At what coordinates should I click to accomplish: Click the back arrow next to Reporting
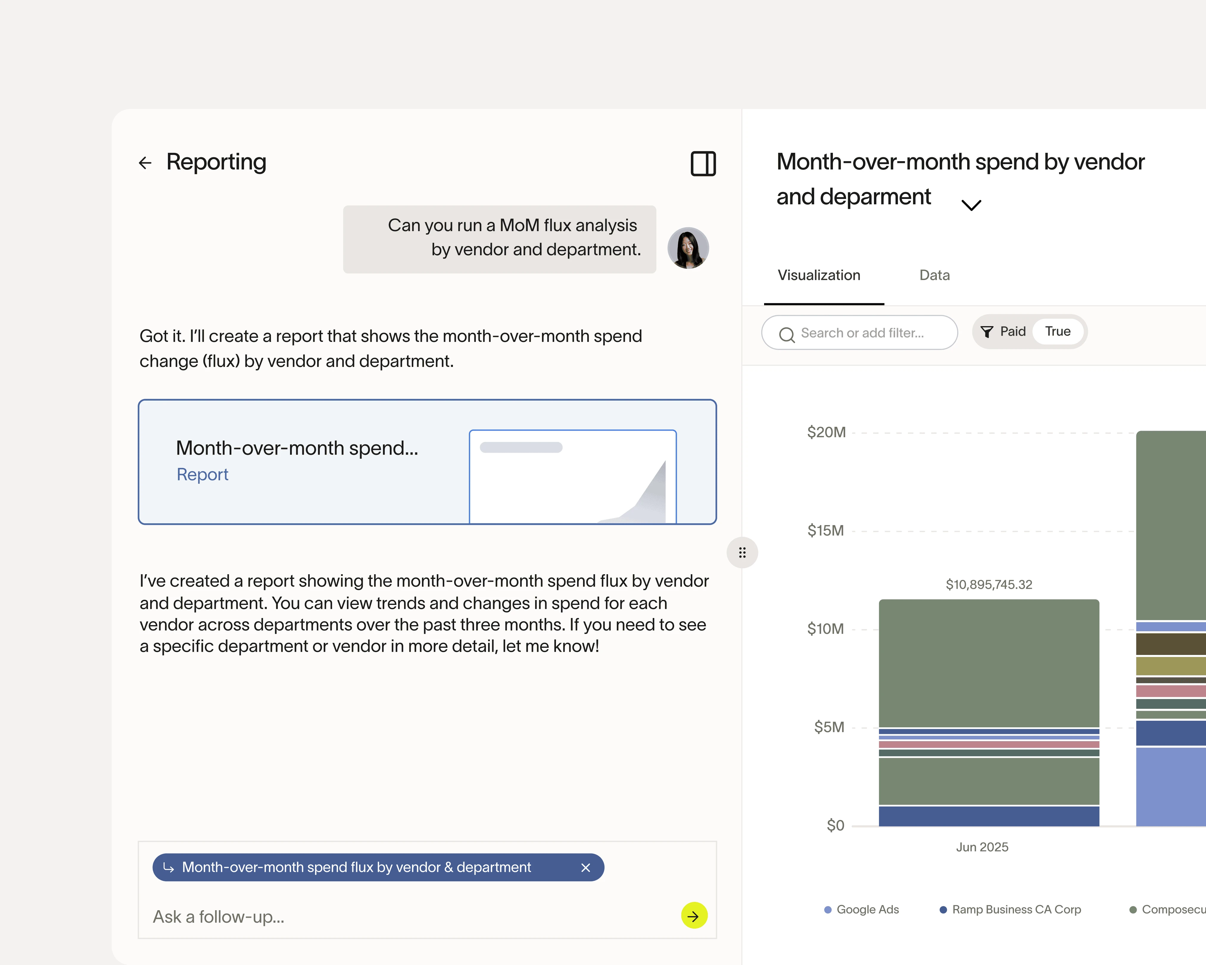(x=145, y=163)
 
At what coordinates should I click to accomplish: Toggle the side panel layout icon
(x=703, y=163)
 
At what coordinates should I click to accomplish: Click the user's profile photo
(x=688, y=248)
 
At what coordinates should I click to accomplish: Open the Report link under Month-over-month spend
(x=202, y=474)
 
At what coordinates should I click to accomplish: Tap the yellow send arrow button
(x=694, y=916)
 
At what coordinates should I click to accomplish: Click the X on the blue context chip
(x=586, y=868)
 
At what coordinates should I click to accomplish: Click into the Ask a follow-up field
(x=392, y=916)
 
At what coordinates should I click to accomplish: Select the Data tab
(x=934, y=275)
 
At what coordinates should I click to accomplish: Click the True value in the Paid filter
(x=1057, y=331)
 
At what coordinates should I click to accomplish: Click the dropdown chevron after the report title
(x=971, y=205)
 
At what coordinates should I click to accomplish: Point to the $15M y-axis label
(x=825, y=530)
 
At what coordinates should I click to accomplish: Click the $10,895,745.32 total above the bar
(x=988, y=585)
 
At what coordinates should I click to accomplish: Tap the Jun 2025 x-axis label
(x=982, y=847)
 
